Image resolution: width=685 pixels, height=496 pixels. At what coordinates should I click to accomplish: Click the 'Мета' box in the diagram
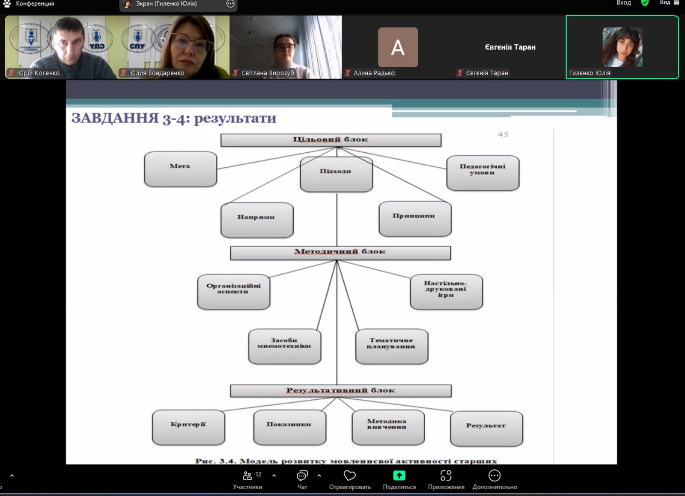pyautogui.click(x=180, y=169)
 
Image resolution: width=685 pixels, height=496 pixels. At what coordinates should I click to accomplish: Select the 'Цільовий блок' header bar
pyautogui.click(x=331, y=140)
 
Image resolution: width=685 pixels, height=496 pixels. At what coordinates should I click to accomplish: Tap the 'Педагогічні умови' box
pyautogui.click(x=482, y=172)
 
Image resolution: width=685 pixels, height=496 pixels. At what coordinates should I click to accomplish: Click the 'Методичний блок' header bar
pyautogui.click(x=340, y=252)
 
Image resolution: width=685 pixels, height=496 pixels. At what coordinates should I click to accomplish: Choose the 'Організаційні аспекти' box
pyautogui.click(x=233, y=292)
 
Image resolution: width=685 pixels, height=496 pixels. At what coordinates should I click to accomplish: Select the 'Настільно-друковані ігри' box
pyautogui.click(x=446, y=292)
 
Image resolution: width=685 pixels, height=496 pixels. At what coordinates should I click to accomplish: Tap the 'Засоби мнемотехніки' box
pyautogui.click(x=284, y=346)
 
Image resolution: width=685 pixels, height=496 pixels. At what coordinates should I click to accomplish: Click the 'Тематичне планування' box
pyautogui.click(x=391, y=346)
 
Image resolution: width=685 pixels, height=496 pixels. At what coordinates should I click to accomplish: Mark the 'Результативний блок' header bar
pyautogui.click(x=340, y=391)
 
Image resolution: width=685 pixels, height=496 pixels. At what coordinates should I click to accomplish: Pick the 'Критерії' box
pyautogui.click(x=188, y=427)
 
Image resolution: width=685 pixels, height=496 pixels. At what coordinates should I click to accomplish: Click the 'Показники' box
pyautogui.click(x=289, y=427)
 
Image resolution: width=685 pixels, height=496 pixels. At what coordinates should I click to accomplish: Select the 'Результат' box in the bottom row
pyautogui.click(x=486, y=428)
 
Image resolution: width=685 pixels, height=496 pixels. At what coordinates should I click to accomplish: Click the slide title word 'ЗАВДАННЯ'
pyautogui.click(x=115, y=118)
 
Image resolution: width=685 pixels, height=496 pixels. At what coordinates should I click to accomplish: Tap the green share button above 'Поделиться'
pyautogui.click(x=399, y=475)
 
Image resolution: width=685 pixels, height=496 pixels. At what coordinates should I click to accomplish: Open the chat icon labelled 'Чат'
pyautogui.click(x=302, y=475)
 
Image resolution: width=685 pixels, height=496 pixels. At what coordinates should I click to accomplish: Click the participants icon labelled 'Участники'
pyautogui.click(x=247, y=475)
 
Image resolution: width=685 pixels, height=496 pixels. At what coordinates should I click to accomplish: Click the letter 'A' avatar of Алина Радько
pyautogui.click(x=398, y=47)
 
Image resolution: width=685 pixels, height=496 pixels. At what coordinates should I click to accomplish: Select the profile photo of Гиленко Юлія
pyautogui.click(x=622, y=47)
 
